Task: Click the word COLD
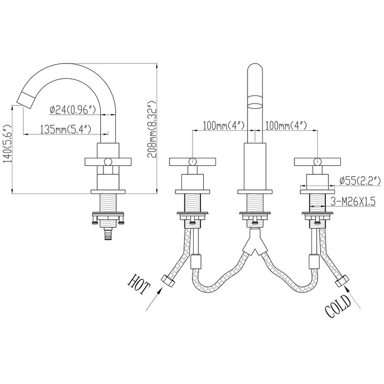338,306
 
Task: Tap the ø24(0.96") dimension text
73,109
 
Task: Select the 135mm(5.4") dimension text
66,129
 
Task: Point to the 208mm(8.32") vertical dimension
152,129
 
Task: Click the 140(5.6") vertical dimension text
7,144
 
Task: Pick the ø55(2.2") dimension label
360,181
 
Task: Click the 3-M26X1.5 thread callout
353,202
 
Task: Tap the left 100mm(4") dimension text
224,125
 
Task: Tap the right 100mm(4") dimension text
286,125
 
